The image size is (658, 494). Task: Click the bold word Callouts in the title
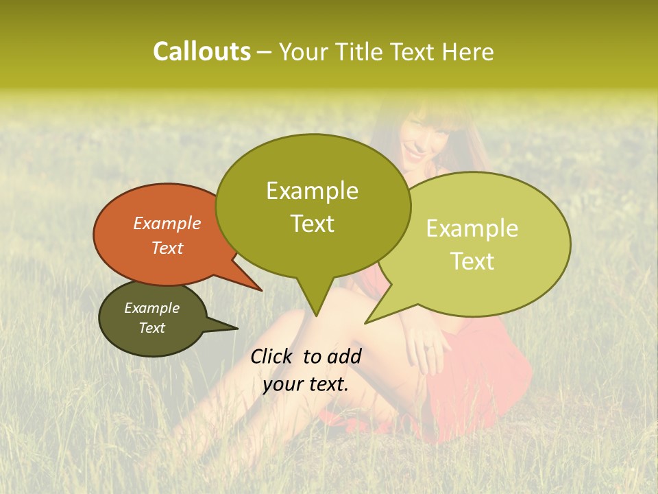pyautogui.click(x=202, y=51)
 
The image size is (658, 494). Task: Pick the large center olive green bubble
pyautogui.click(x=313, y=206)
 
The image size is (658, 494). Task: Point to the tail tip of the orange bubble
pyautogui.click(x=260, y=290)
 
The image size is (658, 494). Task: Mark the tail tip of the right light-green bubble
pyautogui.click(x=367, y=322)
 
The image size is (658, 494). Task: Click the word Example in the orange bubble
pyautogui.click(x=167, y=223)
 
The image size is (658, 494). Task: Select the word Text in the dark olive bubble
pyautogui.click(x=152, y=328)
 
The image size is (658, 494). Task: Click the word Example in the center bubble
pyautogui.click(x=312, y=190)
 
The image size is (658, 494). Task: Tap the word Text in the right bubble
pyautogui.click(x=473, y=261)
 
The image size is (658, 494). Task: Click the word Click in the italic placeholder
pyautogui.click(x=272, y=356)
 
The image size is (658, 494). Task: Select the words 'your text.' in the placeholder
pyautogui.click(x=305, y=384)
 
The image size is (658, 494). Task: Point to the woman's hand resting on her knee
pyautogui.click(x=428, y=346)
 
